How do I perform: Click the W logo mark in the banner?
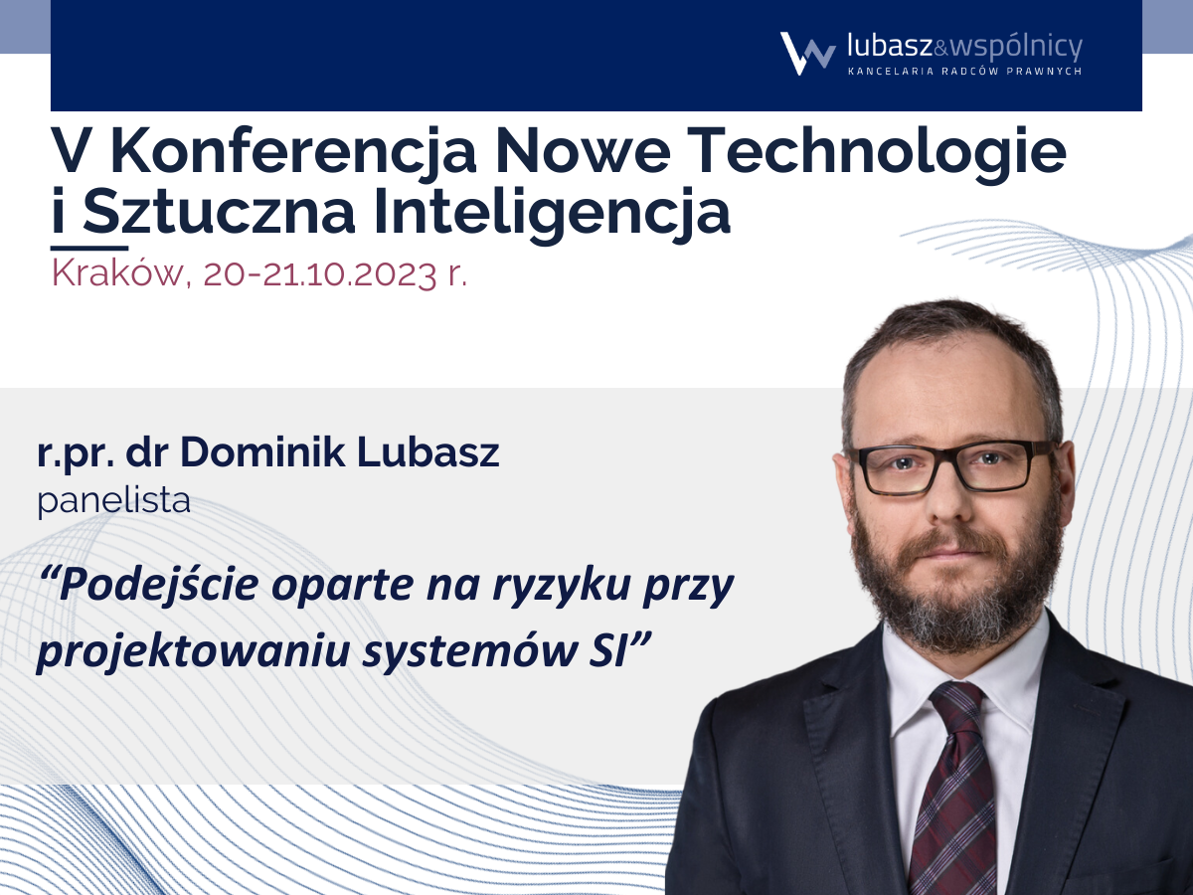click(807, 54)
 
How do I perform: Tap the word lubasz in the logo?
click(890, 46)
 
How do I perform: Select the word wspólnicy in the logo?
click(1016, 48)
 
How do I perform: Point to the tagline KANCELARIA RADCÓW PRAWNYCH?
click(964, 72)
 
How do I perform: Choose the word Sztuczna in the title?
click(219, 212)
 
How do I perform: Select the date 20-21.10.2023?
click(319, 273)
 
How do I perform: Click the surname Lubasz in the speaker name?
click(427, 452)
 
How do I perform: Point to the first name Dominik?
click(262, 452)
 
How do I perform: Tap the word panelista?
click(113, 501)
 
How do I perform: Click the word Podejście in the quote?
click(158, 586)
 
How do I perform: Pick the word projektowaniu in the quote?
click(193, 651)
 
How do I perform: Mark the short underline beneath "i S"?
click(89, 248)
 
